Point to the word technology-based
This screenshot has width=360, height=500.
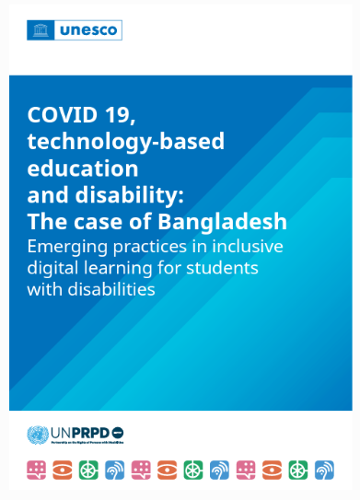pyautogui.click(x=126, y=142)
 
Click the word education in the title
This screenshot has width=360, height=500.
pyautogui.click(x=83, y=169)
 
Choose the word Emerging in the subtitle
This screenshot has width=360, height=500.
pyautogui.click(x=72, y=246)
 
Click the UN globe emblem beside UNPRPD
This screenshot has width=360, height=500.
pyautogui.click(x=40, y=434)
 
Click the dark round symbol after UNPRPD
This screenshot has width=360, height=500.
pyautogui.click(x=117, y=433)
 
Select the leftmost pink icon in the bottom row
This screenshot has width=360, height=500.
pyautogui.click(x=36, y=470)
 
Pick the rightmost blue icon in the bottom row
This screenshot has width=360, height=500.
pyautogui.click(x=325, y=470)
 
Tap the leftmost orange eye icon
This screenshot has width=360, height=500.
pyautogui.click(x=62, y=470)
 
